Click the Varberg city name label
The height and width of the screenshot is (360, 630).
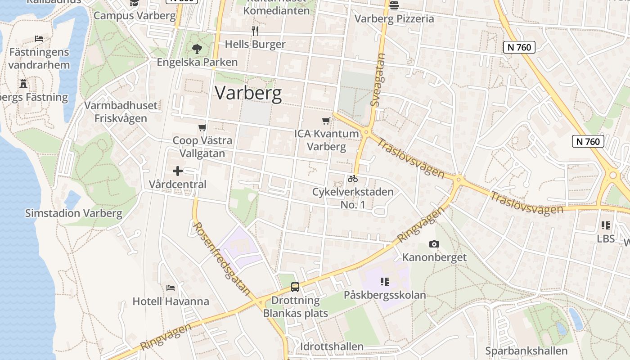click(248, 93)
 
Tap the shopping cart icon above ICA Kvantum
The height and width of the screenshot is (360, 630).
click(326, 121)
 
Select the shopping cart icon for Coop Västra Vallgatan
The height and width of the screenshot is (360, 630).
click(202, 128)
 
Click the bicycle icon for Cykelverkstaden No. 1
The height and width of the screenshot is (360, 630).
click(353, 179)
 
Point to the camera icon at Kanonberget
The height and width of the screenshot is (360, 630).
click(434, 244)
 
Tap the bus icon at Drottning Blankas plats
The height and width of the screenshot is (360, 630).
click(295, 287)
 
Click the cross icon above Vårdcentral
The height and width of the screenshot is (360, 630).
click(178, 171)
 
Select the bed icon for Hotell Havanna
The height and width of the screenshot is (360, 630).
click(171, 288)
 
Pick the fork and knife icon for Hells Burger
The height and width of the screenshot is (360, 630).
click(255, 31)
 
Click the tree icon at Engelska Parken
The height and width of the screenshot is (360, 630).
click(197, 49)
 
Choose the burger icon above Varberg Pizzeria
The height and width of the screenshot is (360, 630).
click(394, 5)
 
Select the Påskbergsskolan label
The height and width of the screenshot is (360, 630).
click(385, 295)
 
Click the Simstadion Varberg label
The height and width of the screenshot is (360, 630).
click(74, 213)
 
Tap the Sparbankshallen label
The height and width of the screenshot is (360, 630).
click(526, 351)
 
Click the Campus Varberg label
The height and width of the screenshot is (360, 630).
click(135, 15)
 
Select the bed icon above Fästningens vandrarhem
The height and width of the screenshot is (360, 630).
click(39, 39)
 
